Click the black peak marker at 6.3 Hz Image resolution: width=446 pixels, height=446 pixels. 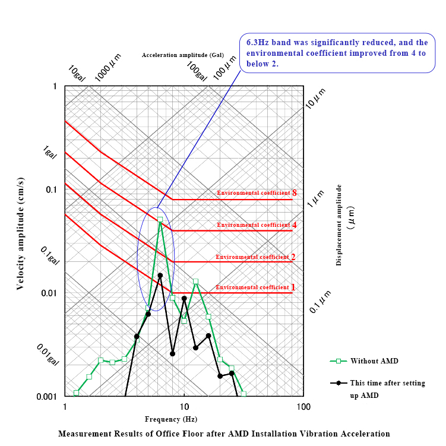pyautogui.click(x=160, y=276)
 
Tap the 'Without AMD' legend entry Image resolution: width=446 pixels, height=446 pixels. pyautogui.click(x=374, y=360)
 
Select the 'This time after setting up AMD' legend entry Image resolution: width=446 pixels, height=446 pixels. pyautogui.click(x=387, y=388)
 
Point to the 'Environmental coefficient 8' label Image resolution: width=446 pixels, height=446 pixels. pyautogui.click(x=256, y=193)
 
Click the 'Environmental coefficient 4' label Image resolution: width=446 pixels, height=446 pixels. pyautogui.click(x=256, y=225)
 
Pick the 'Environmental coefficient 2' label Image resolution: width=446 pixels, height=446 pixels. pyautogui.click(x=255, y=257)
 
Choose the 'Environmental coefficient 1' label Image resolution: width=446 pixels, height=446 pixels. pyautogui.click(x=255, y=287)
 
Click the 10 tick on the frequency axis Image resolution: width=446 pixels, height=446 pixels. pyautogui.click(x=184, y=407)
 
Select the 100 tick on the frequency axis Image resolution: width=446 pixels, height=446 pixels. pyautogui.click(x=303, y=407)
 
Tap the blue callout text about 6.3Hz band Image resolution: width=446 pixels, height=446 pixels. pyautogui.click(x=337, y=53)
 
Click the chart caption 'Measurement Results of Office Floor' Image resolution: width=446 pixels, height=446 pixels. pyautogui.click(x=224, y=434)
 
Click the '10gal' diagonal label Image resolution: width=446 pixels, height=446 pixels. pyautogui.click(x=77, y=73)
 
